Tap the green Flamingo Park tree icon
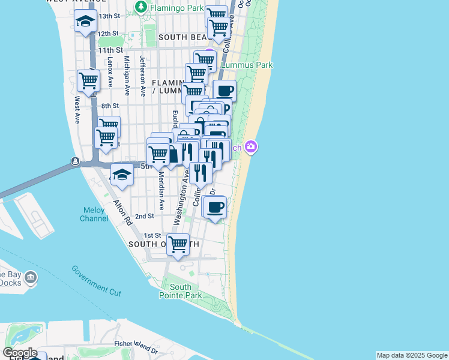pos(141,7)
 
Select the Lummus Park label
pos(247,65)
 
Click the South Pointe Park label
pos(180,291)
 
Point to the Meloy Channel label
pos(94,214)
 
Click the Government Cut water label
pos(96,280)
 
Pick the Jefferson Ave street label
pos(143,76)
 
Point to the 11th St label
pos(111,50)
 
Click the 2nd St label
pos(145,216)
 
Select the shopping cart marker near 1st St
pos(178,244)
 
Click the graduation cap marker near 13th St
pos(86,21)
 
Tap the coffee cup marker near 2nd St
pos(215,208)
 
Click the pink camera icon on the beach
pos(251,146)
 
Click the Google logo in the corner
pos(20,353)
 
